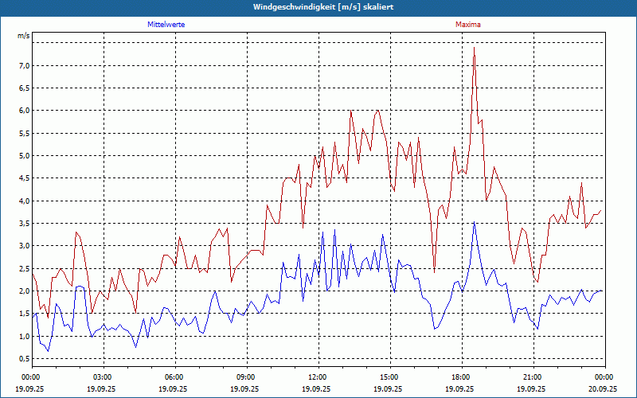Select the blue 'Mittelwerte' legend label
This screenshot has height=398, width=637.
click(166, 25)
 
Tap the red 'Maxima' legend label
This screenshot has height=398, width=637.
click(468, 25)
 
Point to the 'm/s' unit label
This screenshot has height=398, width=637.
click(24, 37)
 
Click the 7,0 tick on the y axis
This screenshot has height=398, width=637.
click(24, 65)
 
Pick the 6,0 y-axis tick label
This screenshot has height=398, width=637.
click(24, 111)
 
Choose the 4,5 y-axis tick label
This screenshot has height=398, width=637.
click(24, 178)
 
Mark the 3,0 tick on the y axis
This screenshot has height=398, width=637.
click(24, 246)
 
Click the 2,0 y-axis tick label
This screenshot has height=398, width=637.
click(24, 291)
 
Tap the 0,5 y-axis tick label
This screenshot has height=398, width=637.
click(24, 359)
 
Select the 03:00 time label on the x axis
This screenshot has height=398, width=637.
click(103, 377)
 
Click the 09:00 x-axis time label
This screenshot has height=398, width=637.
click(246, 377)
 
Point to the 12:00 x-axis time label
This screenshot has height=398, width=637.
click(318, 377)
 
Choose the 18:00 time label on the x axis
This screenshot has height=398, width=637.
click(461, 377)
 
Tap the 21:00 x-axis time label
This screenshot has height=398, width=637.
click(533, 377)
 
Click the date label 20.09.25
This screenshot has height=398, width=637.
click(603, 388)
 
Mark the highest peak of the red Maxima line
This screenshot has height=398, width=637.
click(474, 48)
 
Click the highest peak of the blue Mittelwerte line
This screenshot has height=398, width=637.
click(474, 222)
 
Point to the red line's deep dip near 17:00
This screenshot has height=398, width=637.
click(434, 271)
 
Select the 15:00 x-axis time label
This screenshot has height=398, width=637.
click(389, 377)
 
